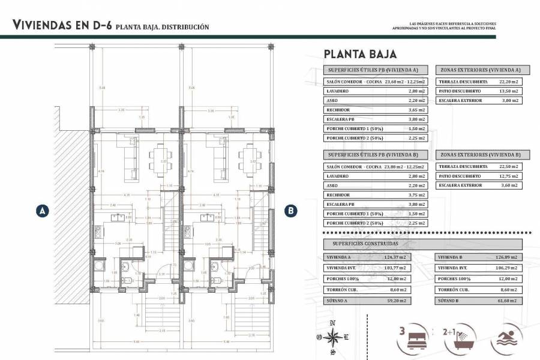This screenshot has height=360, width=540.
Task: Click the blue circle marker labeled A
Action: click(42, 211)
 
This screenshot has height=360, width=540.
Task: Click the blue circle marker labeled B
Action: click(290, 211)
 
